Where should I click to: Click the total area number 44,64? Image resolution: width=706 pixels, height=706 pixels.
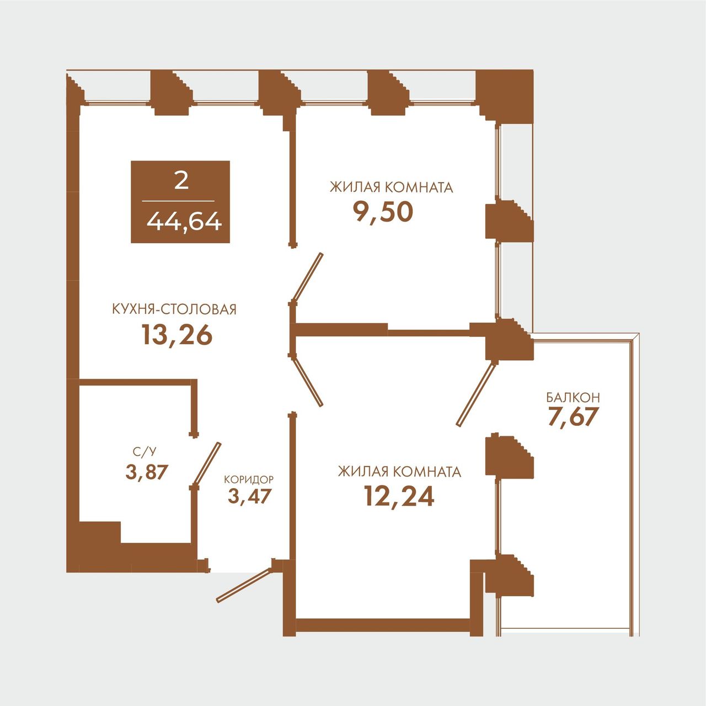tap(184, 222)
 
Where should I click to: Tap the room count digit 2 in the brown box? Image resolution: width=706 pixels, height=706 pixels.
tap(181, 180)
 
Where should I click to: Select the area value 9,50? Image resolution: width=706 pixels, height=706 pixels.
tap(383, 212)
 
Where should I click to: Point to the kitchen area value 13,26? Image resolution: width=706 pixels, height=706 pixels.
tap(177, 335)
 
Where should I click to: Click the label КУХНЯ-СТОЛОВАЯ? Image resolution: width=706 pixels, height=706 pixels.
tap(174, 309)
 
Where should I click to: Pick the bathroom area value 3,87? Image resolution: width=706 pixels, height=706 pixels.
tap(147, 472)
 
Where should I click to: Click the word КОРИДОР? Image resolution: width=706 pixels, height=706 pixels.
tap(249, 479)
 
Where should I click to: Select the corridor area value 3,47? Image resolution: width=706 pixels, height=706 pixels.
tap(249, 496)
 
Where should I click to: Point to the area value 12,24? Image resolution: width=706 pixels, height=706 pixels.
tap(399, 496)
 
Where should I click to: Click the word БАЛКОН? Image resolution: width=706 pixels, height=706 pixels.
tap(573, 397)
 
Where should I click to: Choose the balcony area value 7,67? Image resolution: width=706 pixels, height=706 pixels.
tap(574, 416)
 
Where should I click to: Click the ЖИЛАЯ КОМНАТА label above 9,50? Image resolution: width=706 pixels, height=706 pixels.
tap(391, 187)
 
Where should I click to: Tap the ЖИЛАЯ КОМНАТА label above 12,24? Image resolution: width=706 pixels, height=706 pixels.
tap(399, 472)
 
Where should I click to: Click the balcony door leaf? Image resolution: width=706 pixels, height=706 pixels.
tap(476, 394)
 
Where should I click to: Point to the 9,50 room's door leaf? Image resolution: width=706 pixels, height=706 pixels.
tap(307, 277)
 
